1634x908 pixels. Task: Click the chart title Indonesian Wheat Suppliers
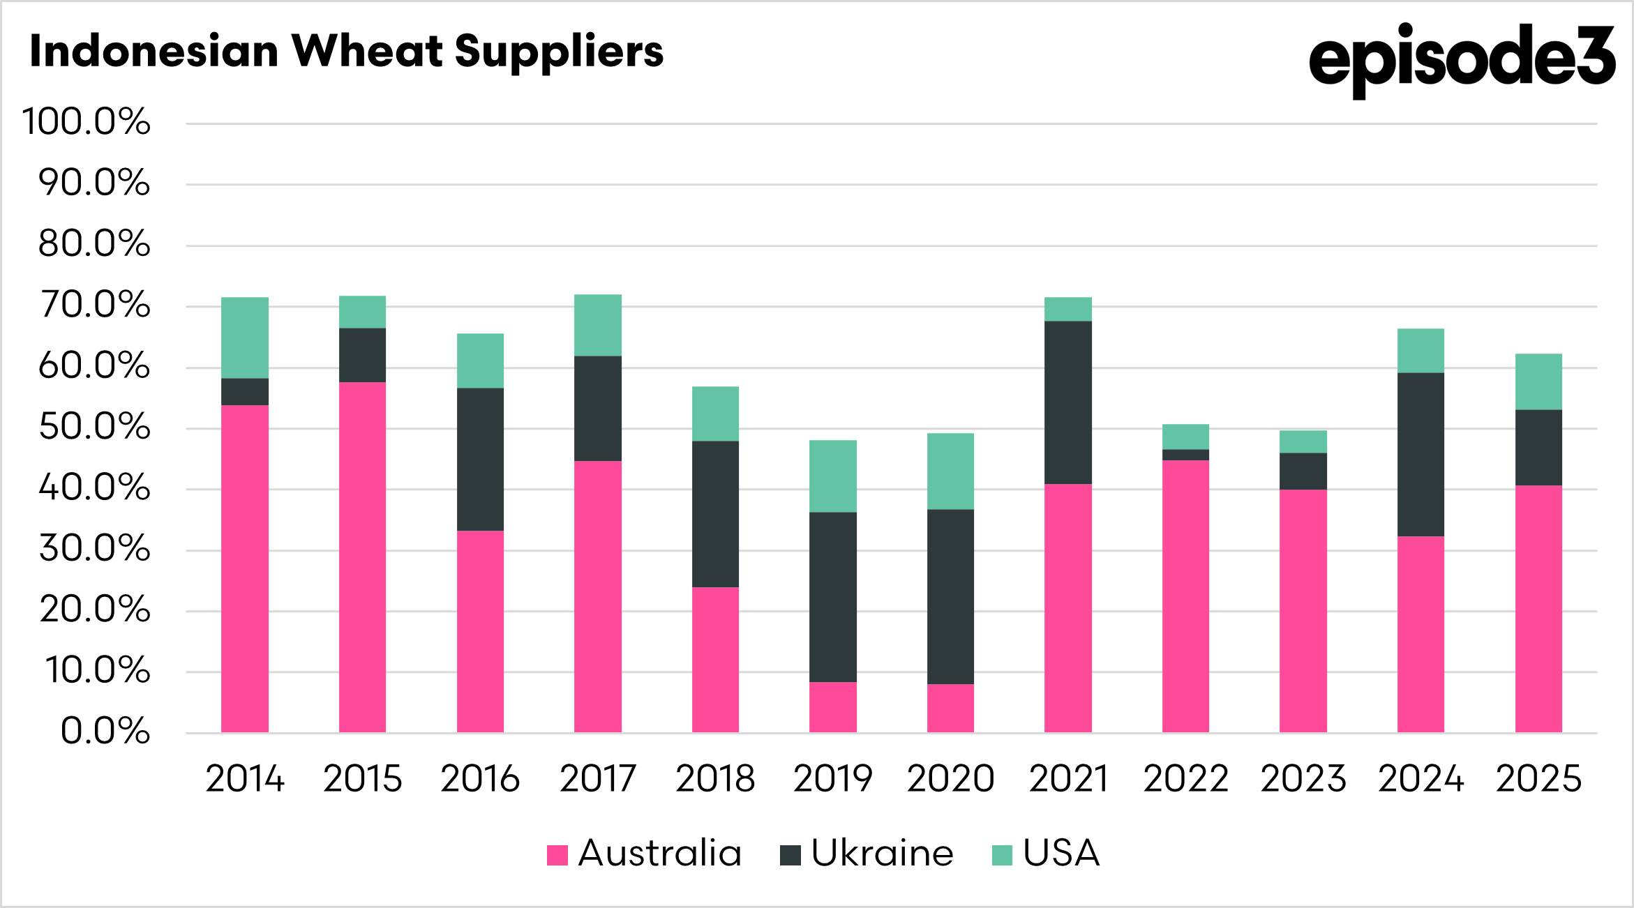coord(346,52)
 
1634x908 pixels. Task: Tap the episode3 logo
coord(1461,59)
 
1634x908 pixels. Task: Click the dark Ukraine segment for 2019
coord(832,597)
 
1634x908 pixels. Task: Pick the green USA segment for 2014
coord(245,338)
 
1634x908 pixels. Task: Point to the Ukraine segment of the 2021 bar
coord(1067,402)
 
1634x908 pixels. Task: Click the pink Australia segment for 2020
coord(950,708)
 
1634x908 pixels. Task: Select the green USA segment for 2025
coord(1538,381)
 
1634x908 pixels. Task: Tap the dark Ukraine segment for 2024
coord(1421,454)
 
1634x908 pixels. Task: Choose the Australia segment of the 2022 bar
coord(1185,596)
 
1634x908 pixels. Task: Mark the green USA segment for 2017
coord(598,325)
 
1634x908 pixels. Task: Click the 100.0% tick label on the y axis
coord(87,122)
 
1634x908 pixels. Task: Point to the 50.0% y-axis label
coord(94,427)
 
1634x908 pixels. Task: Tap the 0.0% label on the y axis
coord(105,732)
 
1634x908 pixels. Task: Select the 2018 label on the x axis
coord(715,779)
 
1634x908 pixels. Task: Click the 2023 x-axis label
coord(1303,779)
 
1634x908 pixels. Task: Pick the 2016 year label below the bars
coord(480,779)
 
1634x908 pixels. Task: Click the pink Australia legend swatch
coord(557,855)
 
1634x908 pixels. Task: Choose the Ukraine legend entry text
coord(882,854)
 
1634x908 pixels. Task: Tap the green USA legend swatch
coord(1002,855)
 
